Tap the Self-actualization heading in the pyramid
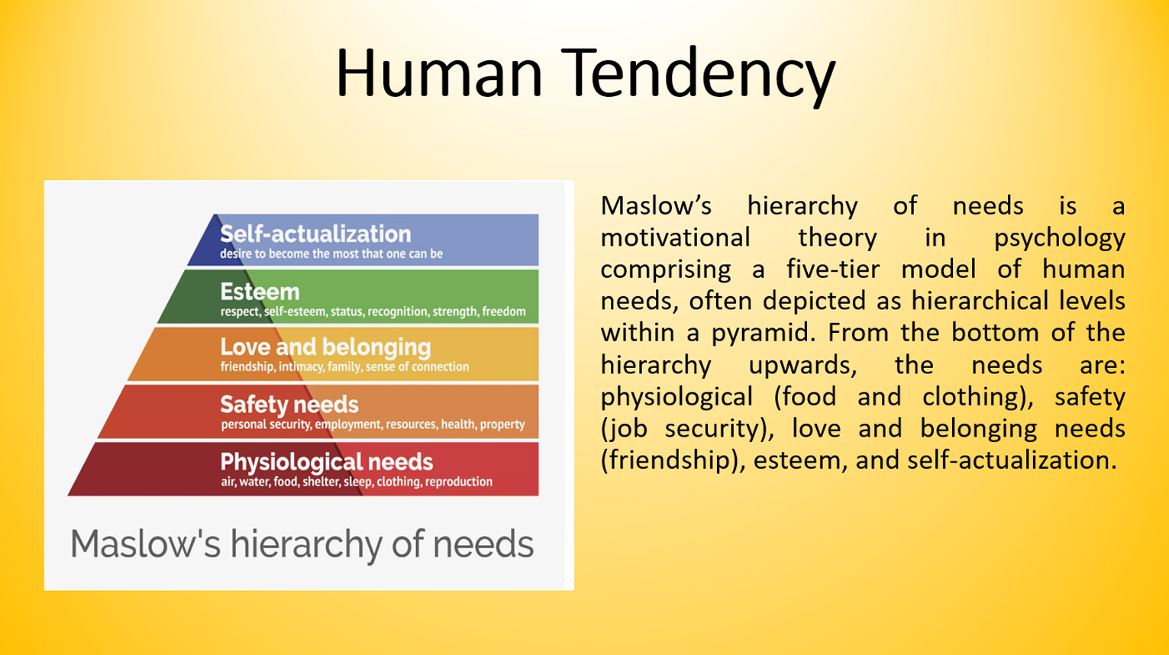(x=315, y=234)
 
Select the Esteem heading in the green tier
(x=260, y=292)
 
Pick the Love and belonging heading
(x=325, y=347)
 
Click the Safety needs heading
(x=289, y=405)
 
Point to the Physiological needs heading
(x=327, y=463)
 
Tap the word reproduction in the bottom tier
(x=459, y=482)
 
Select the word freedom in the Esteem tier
(x=504, y=311)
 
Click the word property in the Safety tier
(x=502, y=425)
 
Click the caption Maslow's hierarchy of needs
(x=302, y=544)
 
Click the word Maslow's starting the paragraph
(x=656, y=205)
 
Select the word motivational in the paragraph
(x=675, y=237)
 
